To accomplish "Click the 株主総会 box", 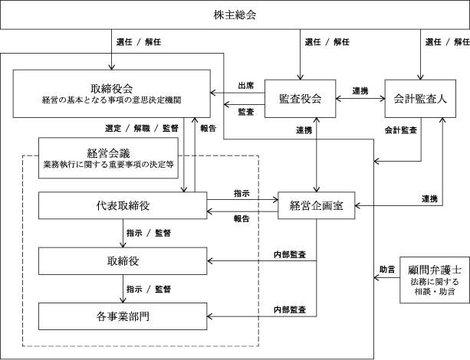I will tap(235, 15).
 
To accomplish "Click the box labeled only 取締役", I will tap(123, 260).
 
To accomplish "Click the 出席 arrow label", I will tap(246, 86).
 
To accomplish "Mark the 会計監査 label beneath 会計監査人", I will tap(400, 130).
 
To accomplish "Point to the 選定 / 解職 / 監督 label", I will tap(141, 128).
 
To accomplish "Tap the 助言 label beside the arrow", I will tap(387, 269).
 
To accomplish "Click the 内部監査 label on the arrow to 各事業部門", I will tap(290, 309).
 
